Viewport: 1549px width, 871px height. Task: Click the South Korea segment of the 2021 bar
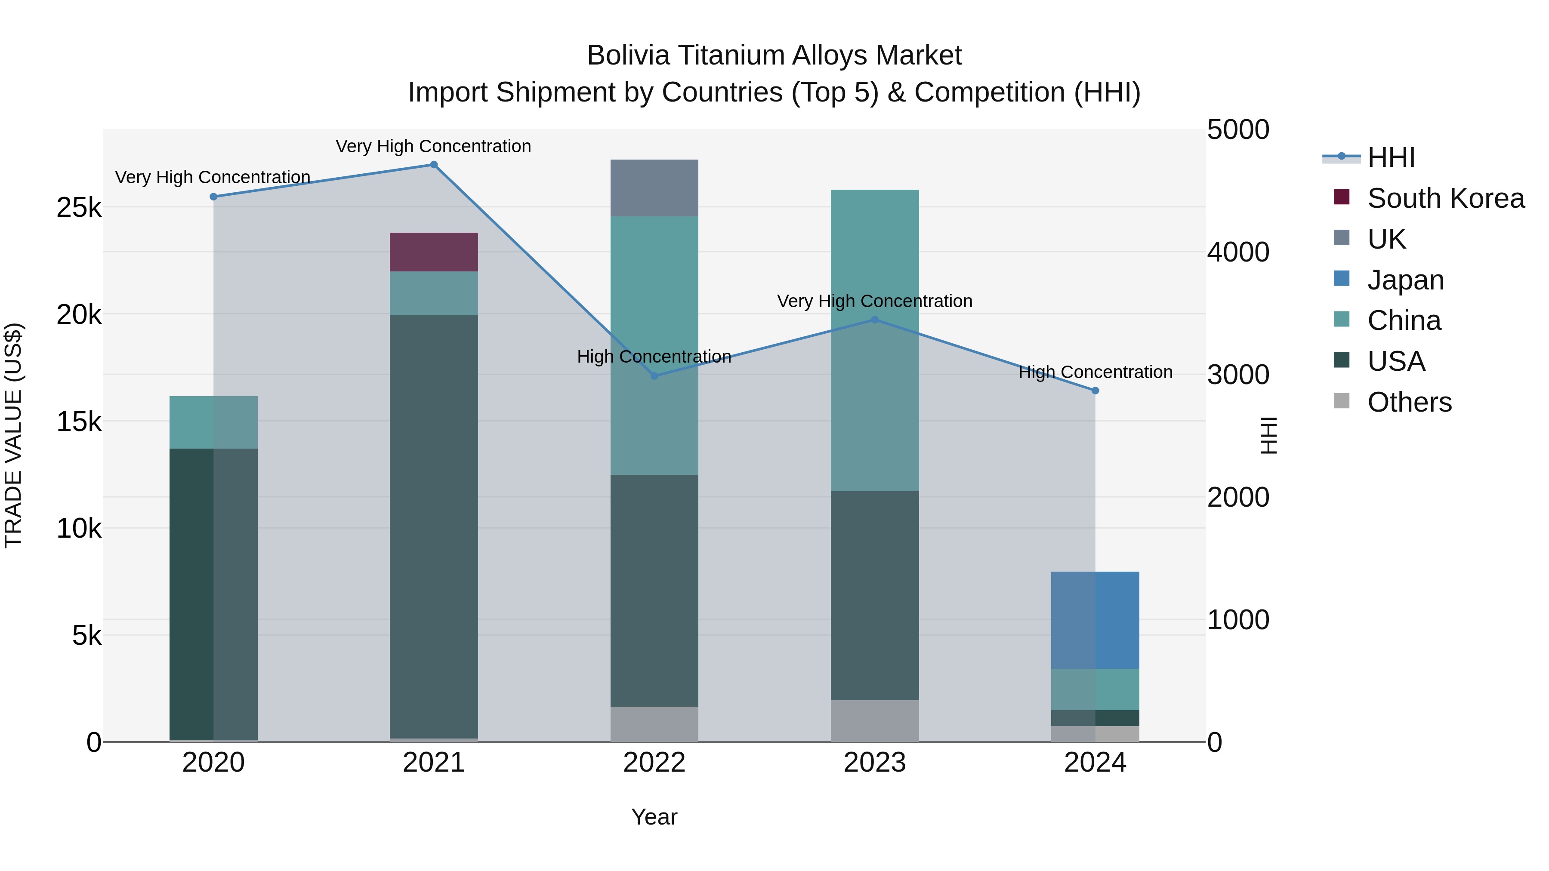434,252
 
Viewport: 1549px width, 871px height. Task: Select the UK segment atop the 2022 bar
654,188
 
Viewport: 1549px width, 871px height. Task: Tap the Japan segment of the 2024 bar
1095,620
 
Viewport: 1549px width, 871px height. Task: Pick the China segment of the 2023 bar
875,340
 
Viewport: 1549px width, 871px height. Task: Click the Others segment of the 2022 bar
654,724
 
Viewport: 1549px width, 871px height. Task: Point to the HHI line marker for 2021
434,165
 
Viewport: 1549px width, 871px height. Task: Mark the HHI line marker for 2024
1095,391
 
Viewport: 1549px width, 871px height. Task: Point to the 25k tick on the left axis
79,208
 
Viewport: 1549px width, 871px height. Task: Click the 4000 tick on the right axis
1238,252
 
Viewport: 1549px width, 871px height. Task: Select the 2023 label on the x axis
875,763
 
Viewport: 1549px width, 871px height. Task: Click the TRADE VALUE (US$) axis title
13,435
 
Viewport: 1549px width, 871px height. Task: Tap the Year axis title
654,817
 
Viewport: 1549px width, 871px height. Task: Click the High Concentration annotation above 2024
1095,372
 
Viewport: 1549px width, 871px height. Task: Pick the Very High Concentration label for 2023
874,301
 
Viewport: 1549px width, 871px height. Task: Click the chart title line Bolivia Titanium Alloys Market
774,55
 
